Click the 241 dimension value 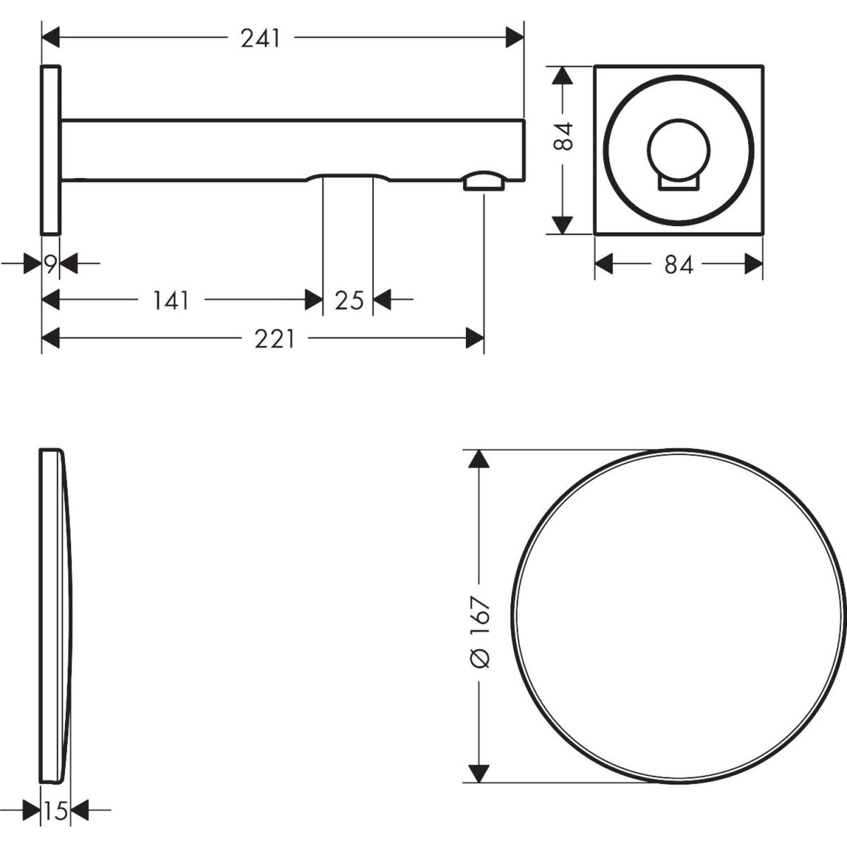tap(260, 39)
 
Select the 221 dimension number tap(275, 340)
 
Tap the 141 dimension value tap(171, 301)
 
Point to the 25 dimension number tap(349, 301)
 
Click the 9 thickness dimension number tap(51, 264)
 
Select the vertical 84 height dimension tap(563, 136)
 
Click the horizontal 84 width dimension tap(678, 265)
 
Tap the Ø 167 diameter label tap(479, 634)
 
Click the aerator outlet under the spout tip tap(484, 181)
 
